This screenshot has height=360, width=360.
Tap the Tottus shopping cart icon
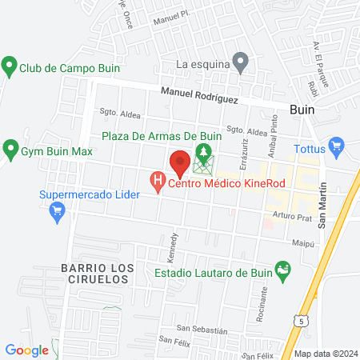pos(336,146)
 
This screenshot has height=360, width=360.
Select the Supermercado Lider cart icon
pos(57,211)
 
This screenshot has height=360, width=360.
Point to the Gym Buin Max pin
pos(11,148)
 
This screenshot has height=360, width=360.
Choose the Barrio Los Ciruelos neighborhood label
pos(94,273)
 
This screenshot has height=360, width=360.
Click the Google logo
pos(26,350)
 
